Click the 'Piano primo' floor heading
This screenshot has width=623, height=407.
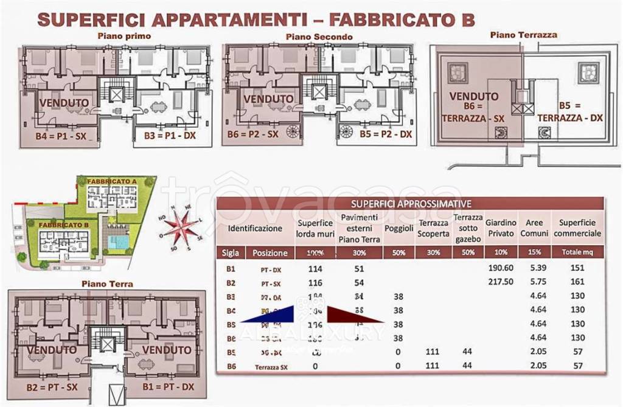coord(124,36)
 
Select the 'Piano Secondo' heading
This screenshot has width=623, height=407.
coord(319,37)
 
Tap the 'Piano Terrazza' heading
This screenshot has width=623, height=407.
coord(523,35)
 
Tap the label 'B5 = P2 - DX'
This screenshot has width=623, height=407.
coord(385,134)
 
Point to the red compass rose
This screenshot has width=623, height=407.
coord(181,229)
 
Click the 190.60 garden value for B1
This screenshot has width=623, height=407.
coord(501,268)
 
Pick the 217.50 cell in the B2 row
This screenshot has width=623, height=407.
coord(501,282)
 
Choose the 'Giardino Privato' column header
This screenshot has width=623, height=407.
coord(501,228)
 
